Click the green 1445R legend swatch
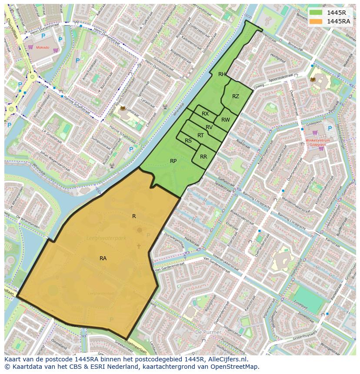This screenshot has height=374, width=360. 316,13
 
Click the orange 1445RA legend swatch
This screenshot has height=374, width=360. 316,21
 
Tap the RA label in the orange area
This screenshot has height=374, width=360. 103,258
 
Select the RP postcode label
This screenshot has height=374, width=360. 173,161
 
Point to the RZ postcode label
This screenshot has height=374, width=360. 236,96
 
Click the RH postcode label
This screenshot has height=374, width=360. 222,74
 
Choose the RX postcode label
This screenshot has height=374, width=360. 205,114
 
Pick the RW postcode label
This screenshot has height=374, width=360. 225,120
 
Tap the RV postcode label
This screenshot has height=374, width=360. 209,127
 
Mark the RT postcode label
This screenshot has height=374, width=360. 200,136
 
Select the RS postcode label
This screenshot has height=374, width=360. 188,141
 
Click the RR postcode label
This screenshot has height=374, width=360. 203,157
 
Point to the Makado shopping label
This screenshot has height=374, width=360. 43,47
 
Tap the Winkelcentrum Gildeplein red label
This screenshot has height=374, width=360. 317,143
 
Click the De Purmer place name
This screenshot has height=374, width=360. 208,332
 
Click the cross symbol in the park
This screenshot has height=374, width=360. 139,246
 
